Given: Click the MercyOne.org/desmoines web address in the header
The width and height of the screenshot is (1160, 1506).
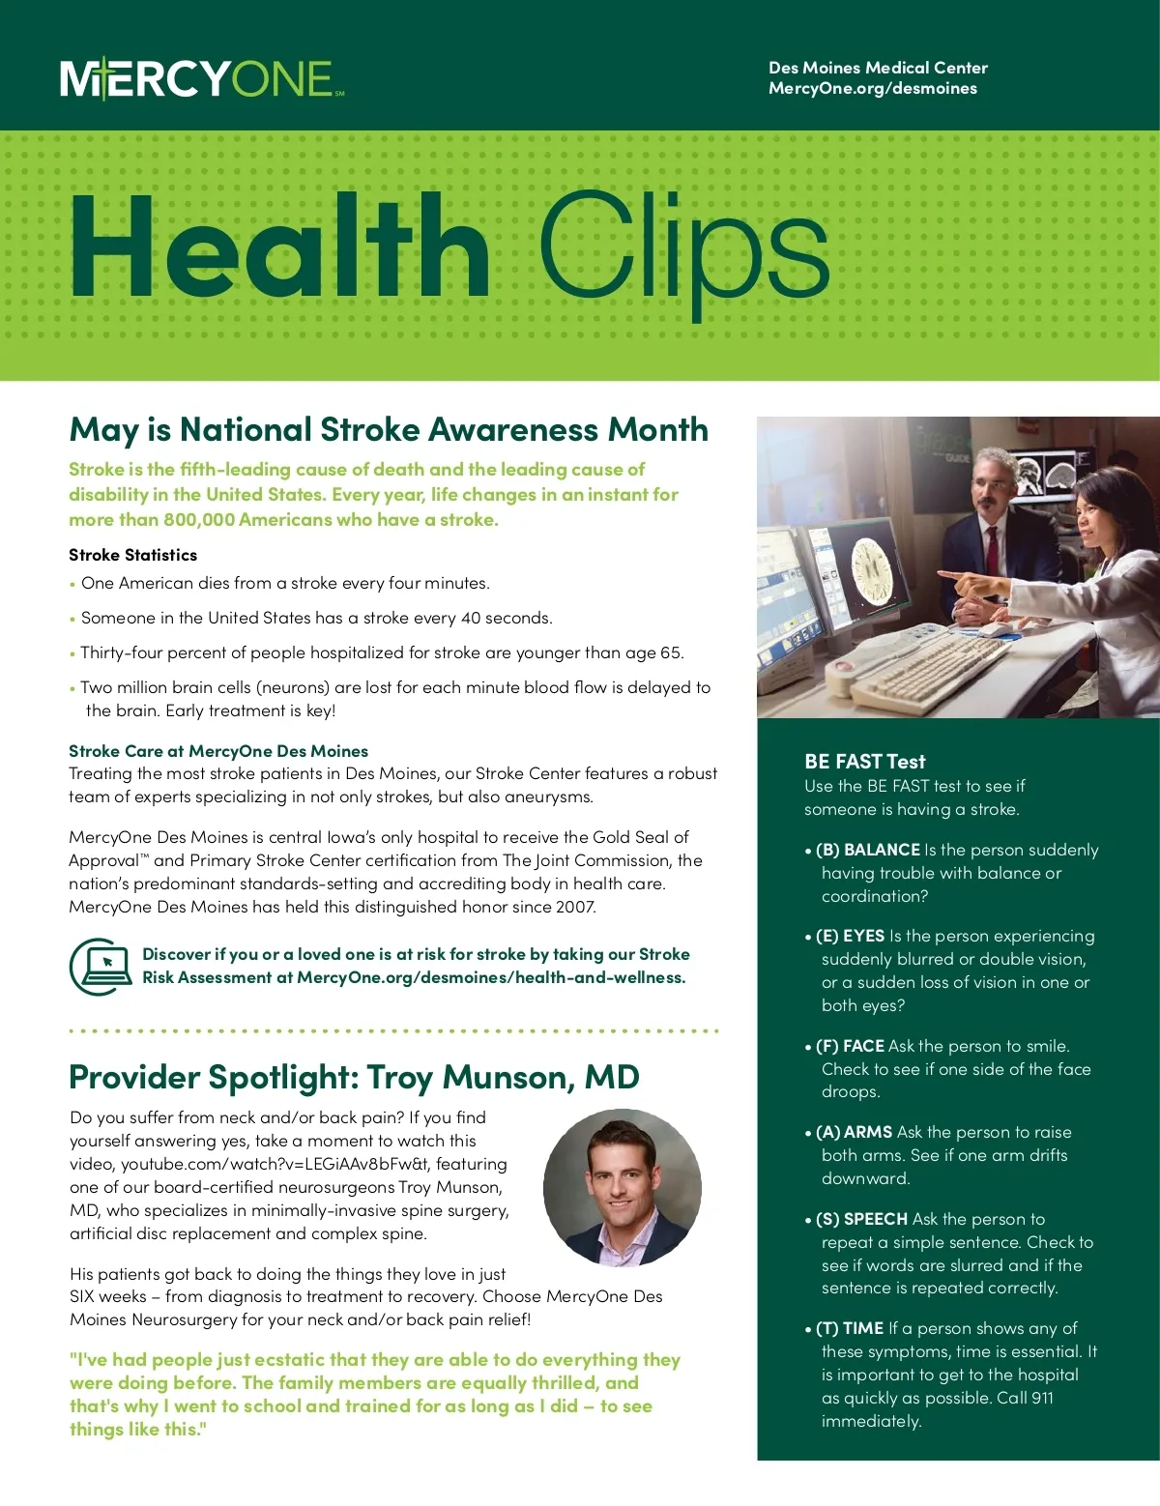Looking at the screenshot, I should point(872,89).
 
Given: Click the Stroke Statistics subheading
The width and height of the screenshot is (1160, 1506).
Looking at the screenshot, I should point(132,555).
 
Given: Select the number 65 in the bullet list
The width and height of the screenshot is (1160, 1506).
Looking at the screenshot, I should point(670,653).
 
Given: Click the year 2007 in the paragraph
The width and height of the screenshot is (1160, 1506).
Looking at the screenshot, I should point(575,908).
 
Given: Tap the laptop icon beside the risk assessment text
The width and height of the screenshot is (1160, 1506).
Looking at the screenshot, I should point(101,966).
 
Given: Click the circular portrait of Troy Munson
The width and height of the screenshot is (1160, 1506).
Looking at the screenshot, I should point(622,1188).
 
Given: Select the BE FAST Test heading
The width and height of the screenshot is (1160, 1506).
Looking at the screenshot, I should point(864,762).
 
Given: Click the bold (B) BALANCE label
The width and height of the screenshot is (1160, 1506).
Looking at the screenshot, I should point(867,851).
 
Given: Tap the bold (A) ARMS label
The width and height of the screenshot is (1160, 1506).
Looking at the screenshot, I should point(854,1133).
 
